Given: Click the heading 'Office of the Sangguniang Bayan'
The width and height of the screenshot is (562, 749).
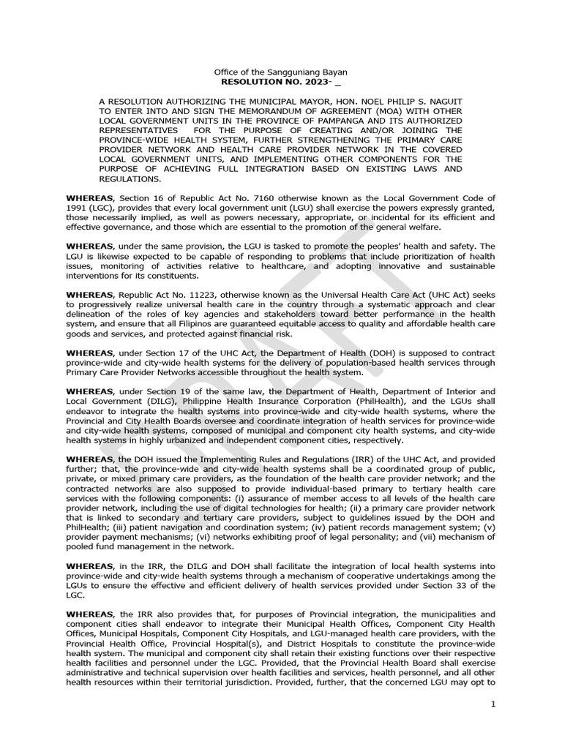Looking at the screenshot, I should pos(280,72).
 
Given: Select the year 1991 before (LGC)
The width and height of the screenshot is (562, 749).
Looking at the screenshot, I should pos(78,208).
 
